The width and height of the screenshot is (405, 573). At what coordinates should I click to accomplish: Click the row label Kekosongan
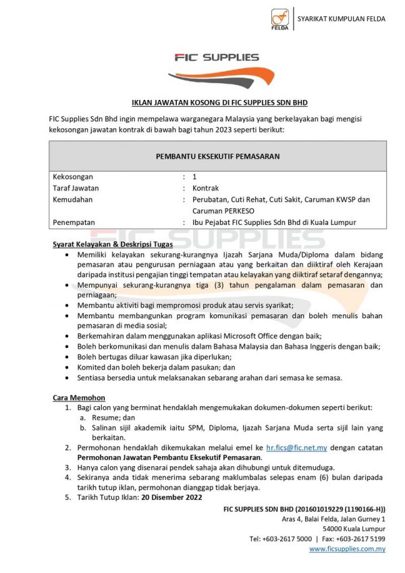[x=73, y=176]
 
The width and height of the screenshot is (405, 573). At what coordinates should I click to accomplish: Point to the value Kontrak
[x=206, y=188]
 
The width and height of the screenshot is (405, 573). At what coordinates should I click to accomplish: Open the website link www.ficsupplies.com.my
[x=347, y=549]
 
